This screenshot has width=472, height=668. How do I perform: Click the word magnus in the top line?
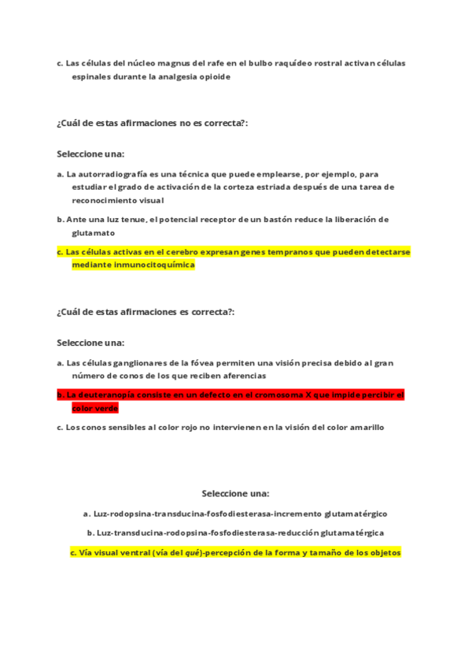(162, 63)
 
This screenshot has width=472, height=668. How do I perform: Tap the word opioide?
(214, 77)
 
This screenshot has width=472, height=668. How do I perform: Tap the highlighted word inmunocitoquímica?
(156, 265)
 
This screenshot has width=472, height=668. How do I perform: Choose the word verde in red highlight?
(106, 408)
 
